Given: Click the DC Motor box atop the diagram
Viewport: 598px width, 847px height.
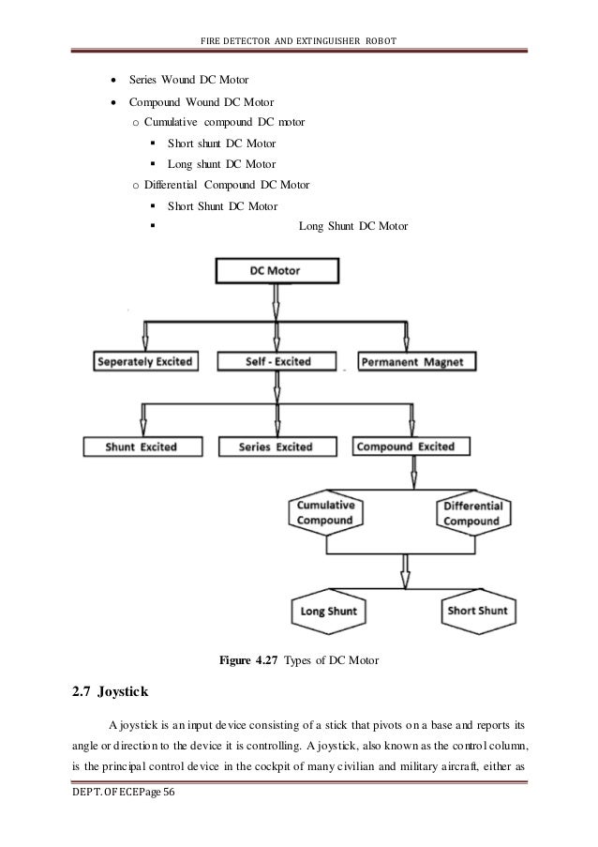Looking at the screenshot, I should click(276, 272).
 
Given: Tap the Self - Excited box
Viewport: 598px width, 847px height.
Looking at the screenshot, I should click(276, 362).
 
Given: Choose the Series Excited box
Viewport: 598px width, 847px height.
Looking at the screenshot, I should click(276, 447).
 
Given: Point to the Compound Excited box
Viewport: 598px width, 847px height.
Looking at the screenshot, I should click(406, 446).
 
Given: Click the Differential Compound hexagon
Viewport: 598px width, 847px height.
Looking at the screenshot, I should click(471, 512).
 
